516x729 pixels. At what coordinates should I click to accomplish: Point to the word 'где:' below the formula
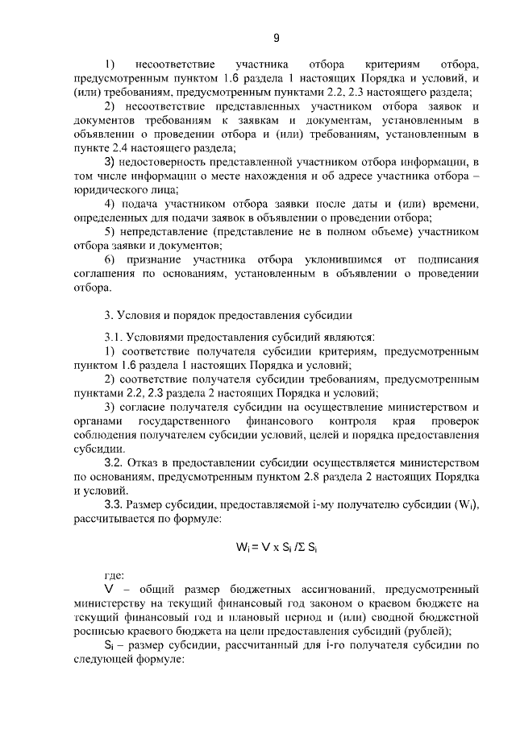(x=115, y=575)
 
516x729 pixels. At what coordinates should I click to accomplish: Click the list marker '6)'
(x=110, y=259)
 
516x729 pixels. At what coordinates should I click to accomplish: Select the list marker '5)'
(x=110, y=233)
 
